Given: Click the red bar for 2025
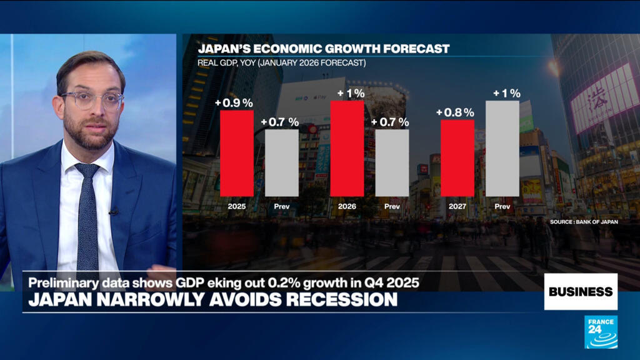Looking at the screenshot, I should click(237, 153).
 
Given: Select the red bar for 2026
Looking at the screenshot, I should click(347, 148).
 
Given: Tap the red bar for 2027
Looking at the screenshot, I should click(457, 157).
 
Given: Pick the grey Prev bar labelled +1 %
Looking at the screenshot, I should click(502, 148).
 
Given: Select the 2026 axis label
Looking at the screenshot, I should click(347, 206).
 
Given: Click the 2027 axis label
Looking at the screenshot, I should click(457, 206).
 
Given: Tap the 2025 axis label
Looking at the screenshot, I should click(237, 206).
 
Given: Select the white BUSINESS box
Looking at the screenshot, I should click(581, 291).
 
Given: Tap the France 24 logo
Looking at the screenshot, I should click(601, 332).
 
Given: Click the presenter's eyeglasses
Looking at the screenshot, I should click(92, 101).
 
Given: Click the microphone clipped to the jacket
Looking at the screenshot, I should click(114, 212).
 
